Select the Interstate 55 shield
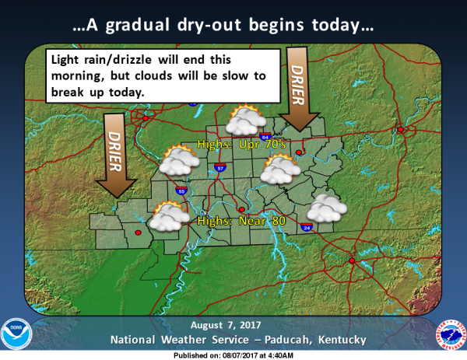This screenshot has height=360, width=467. click(182, 189)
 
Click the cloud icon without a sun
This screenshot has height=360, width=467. click(326, 208)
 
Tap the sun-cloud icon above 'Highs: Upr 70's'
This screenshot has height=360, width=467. click(243, 121)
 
